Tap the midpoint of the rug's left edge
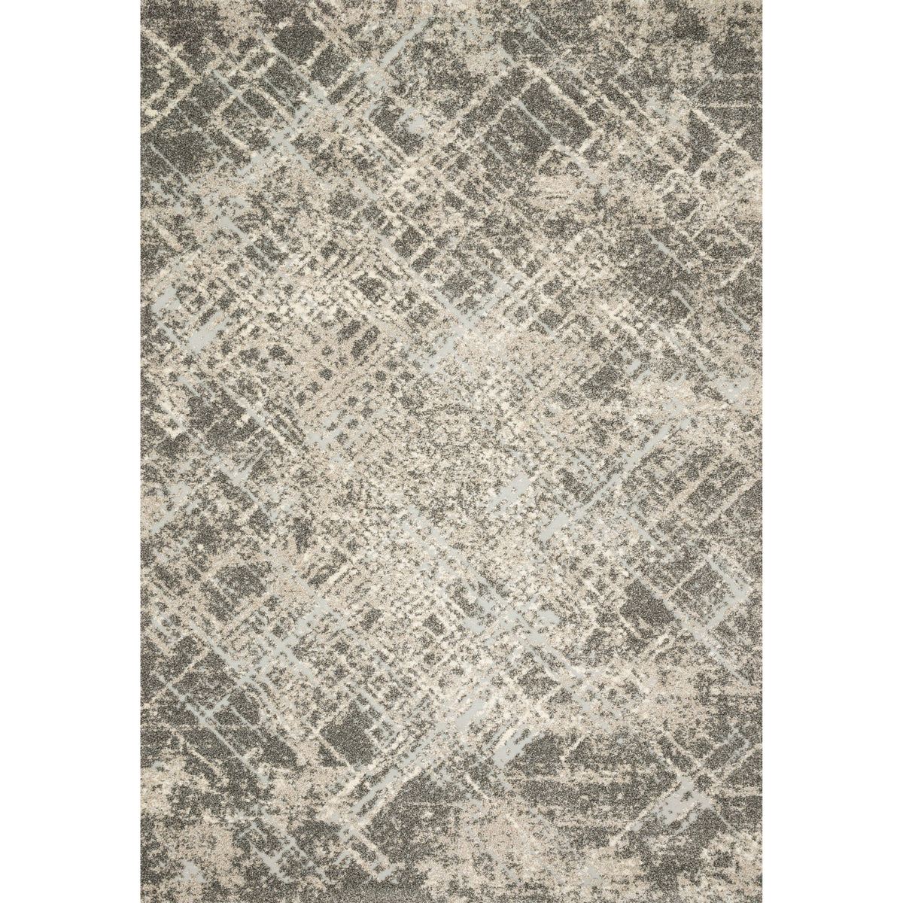click(141, 451)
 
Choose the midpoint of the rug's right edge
click(762, 451)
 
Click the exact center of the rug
click(451, 451)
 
